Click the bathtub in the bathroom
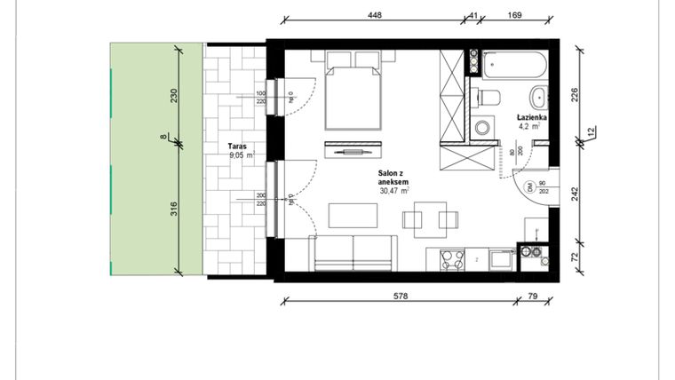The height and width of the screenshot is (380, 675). (514, 64)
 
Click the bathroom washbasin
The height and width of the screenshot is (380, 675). (538, 97)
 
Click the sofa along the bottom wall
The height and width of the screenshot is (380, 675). (353, 254)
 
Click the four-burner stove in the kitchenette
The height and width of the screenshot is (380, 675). (450, 260)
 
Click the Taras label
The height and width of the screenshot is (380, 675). (235, 145)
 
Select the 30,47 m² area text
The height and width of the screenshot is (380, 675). (392, 190)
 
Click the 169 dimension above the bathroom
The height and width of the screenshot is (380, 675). (513, 15)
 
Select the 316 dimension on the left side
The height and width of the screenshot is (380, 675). (175, 210)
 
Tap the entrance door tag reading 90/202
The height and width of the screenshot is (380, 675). (541, 186)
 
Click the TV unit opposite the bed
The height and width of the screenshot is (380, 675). (353, 149)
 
